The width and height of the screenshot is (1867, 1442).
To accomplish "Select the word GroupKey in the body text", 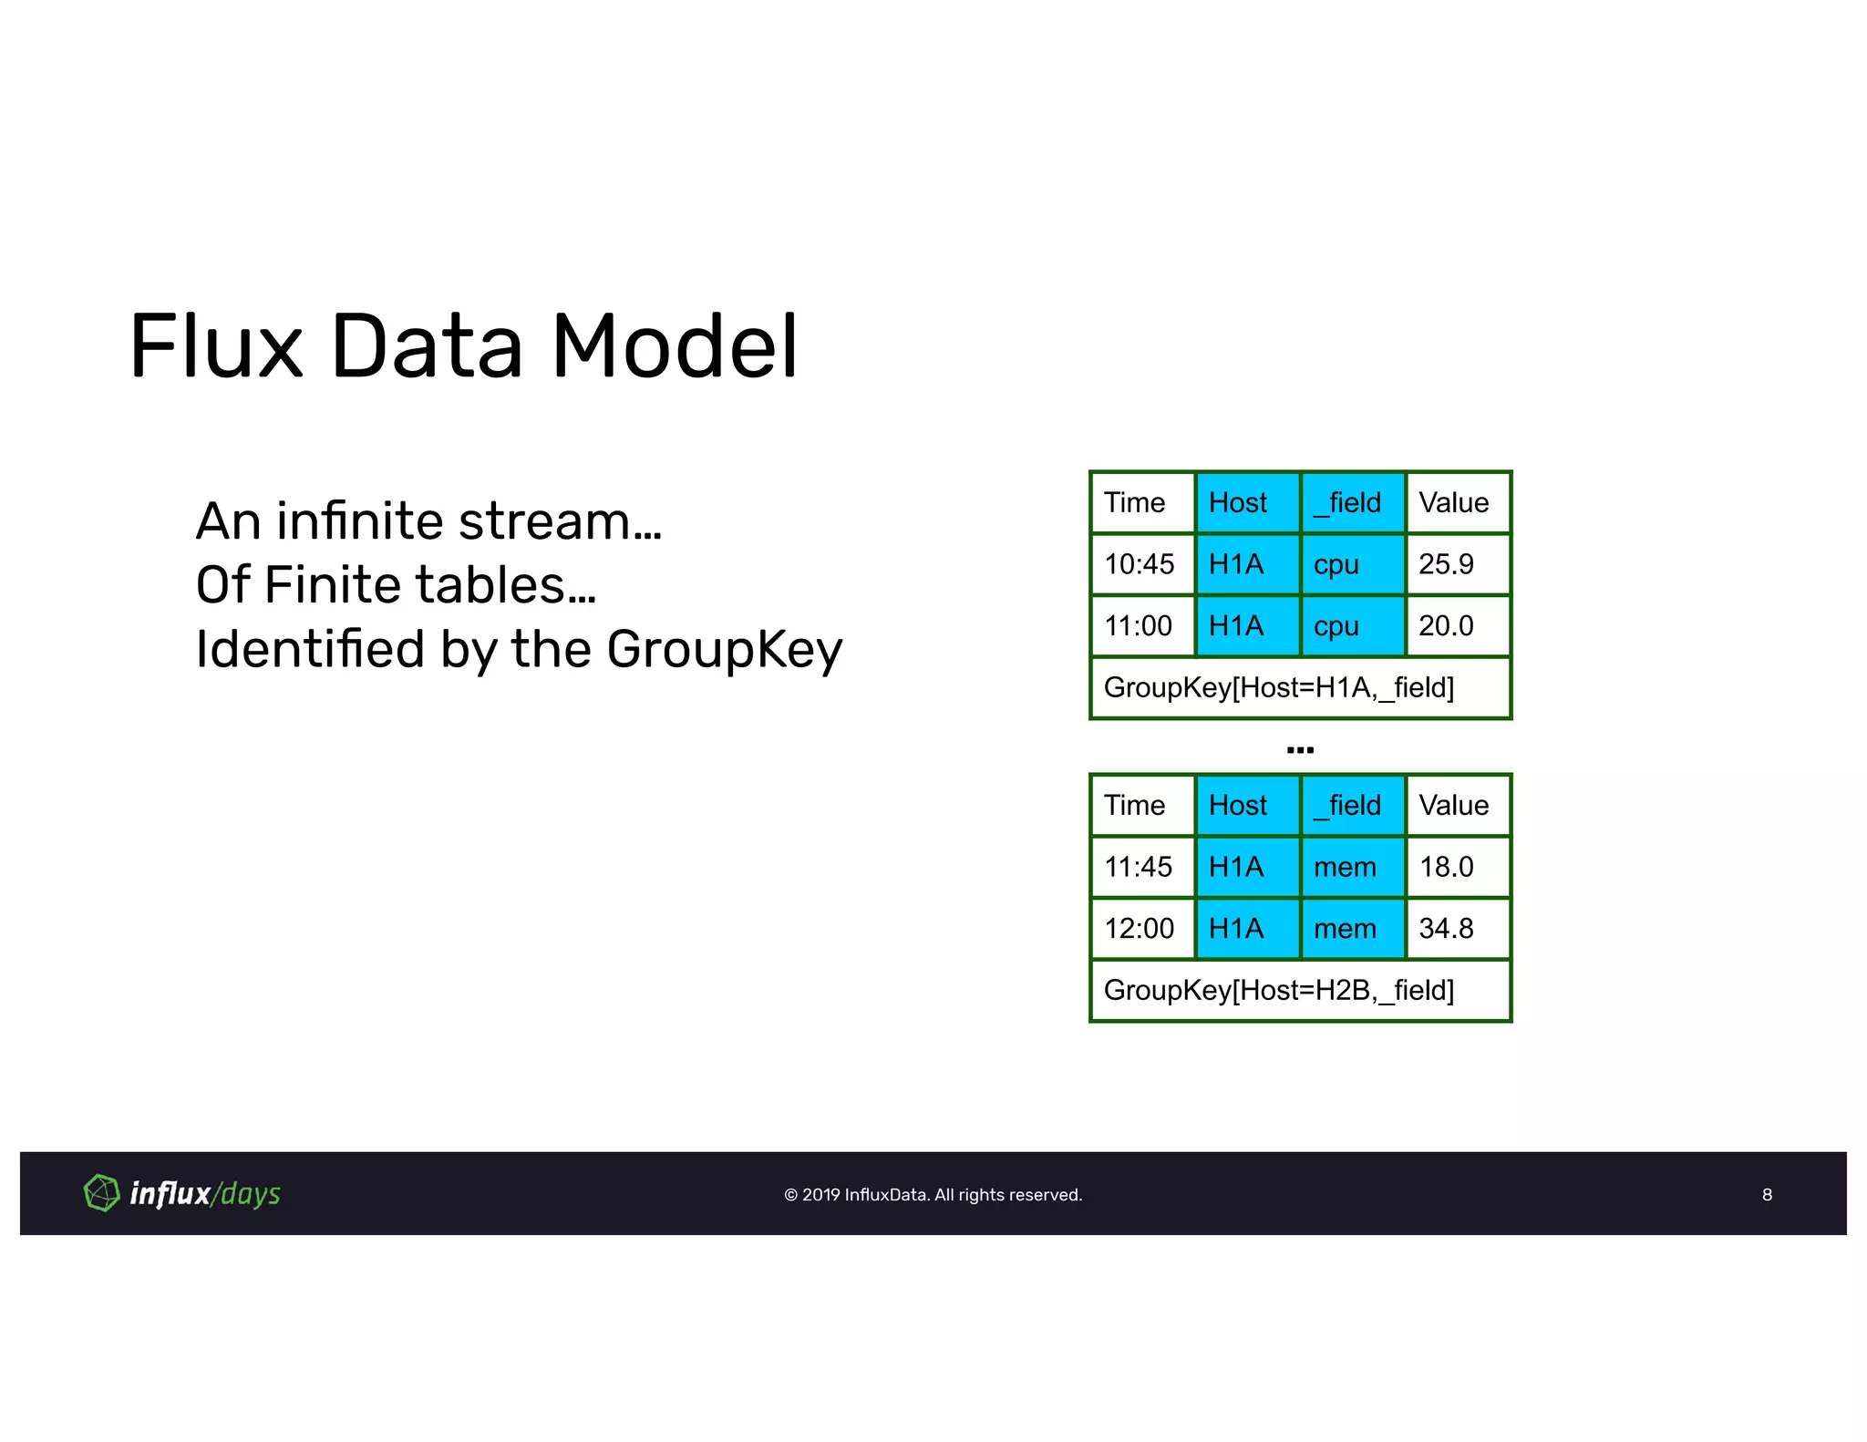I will (724, 649).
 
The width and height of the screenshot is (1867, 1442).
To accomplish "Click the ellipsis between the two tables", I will (1300, 750).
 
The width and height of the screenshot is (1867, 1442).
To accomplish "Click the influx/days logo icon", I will (101, 1193).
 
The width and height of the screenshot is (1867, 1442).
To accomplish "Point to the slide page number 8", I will (1767, 1195).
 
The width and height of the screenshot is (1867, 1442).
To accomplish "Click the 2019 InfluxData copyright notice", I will (933, 1195).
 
